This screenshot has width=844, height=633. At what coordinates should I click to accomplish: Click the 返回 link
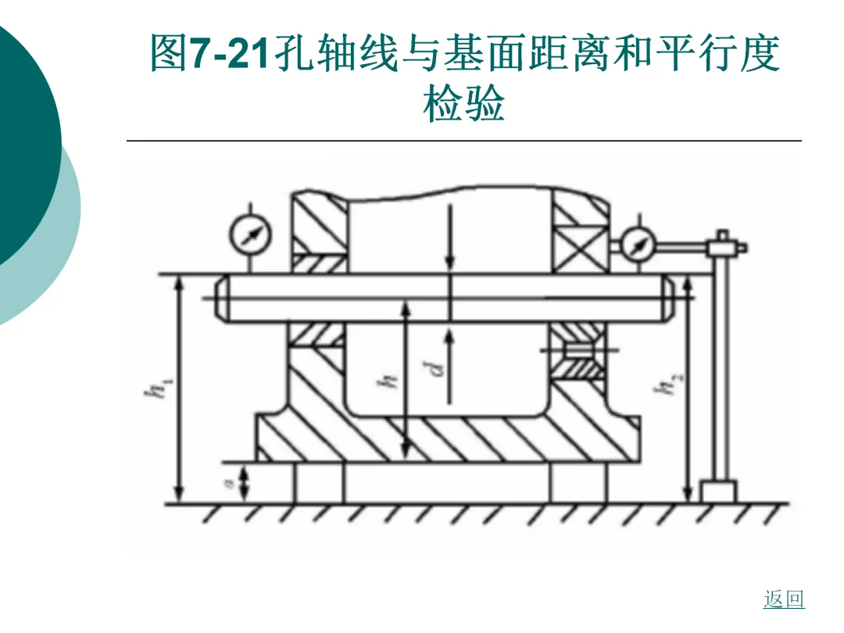pos(784,599)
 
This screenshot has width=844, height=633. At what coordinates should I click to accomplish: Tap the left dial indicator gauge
pos(250,234)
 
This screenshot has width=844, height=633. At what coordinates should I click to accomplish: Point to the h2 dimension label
pos(668,383)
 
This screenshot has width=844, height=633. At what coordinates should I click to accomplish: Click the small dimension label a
pos(229,484)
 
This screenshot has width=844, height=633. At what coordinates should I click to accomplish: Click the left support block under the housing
pos(320,483)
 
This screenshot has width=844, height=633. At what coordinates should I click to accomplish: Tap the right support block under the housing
pos(578,483)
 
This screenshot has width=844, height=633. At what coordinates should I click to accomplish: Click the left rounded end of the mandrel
pos(222,298)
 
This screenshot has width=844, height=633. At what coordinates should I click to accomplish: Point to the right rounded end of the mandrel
pos(668,298)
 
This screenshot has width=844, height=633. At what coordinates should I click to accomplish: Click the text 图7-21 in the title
pos(209,53)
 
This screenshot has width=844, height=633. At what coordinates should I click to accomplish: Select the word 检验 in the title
pos(464,103)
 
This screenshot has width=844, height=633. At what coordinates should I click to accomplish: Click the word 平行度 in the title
pos(717,53)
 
